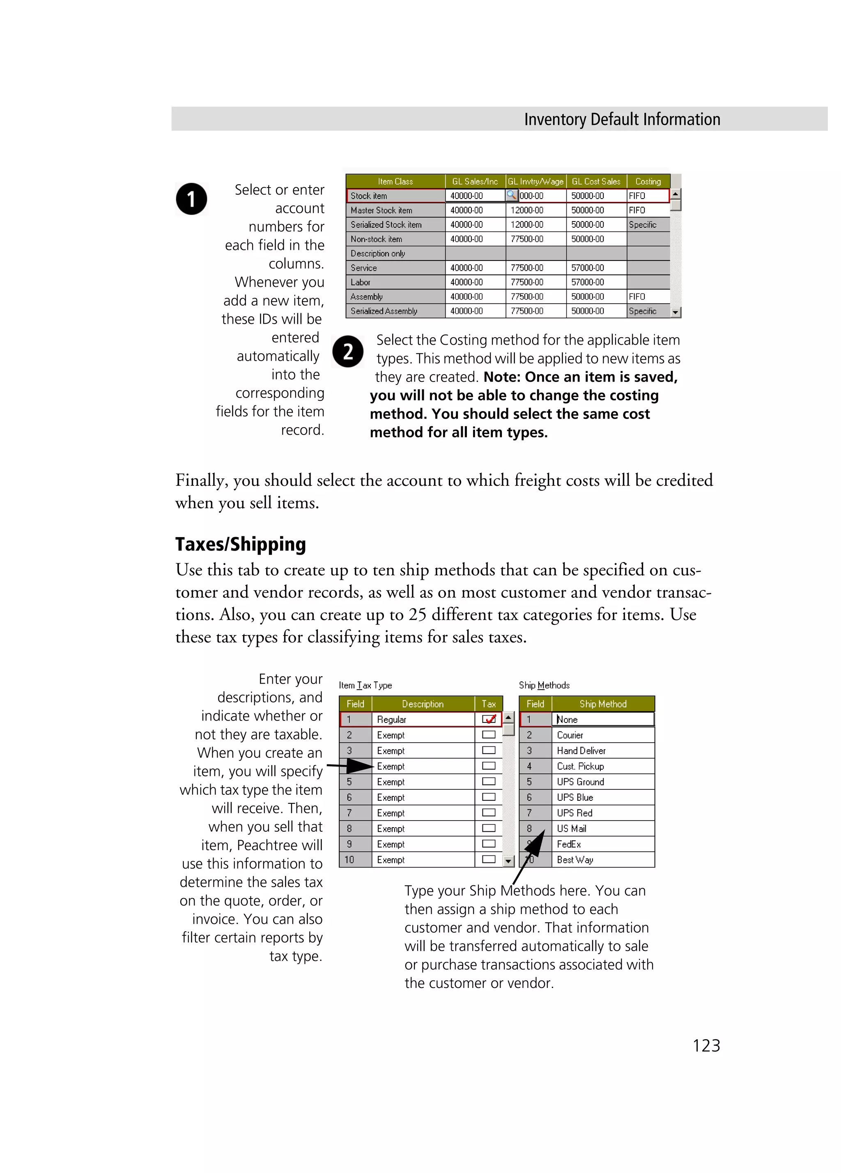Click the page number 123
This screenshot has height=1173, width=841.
point(706,1045)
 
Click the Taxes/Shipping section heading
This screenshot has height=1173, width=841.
point(240,544)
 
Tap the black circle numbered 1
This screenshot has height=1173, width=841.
point(191,199)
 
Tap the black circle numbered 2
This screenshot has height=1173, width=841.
point(348,352)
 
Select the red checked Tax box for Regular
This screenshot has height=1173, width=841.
point(489,719)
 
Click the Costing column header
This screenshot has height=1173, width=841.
point(648,181)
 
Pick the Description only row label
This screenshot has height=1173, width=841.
point(377,254)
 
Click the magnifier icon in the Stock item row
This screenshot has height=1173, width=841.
point(511,195)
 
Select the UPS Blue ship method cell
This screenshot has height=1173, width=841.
point(574,797)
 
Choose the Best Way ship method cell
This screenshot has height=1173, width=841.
point(574,860)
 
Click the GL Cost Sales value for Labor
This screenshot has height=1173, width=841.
point(587,282)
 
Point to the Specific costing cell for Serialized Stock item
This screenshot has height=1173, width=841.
point(642,224)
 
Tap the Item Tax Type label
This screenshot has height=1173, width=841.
point(365,685)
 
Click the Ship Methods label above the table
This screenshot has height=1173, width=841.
point(544,685)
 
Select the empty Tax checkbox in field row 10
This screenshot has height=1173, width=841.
point(489,859)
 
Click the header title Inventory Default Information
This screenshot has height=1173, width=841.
point(622,119)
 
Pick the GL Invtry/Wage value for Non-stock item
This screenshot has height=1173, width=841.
point(527,239)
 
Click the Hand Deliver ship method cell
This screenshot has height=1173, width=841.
point(581,750)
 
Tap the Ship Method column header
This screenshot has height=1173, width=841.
point(602,704)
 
